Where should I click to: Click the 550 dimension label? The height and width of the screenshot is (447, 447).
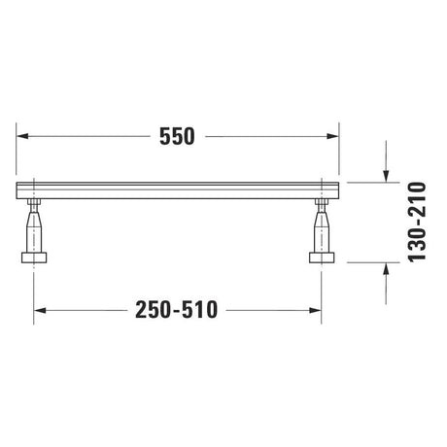tap(177, 136)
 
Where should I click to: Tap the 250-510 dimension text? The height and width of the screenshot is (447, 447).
tap(177, 310)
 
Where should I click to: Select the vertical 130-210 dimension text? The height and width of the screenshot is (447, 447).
tap(417, 223)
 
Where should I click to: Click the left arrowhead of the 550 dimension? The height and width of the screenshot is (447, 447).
tap(22, 136)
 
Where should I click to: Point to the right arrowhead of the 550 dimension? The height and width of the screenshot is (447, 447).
tap(332, 136)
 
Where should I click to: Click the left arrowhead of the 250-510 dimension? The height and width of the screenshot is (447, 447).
tap(40, 311)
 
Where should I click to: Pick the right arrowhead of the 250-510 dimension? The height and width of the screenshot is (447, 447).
tap(315, 311)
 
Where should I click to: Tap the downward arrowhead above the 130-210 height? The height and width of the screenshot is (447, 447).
tap(386, 177)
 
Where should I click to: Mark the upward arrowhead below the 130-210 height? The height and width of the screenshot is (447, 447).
tap(386, 268)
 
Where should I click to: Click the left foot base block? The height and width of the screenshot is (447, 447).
tap(34, 258)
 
